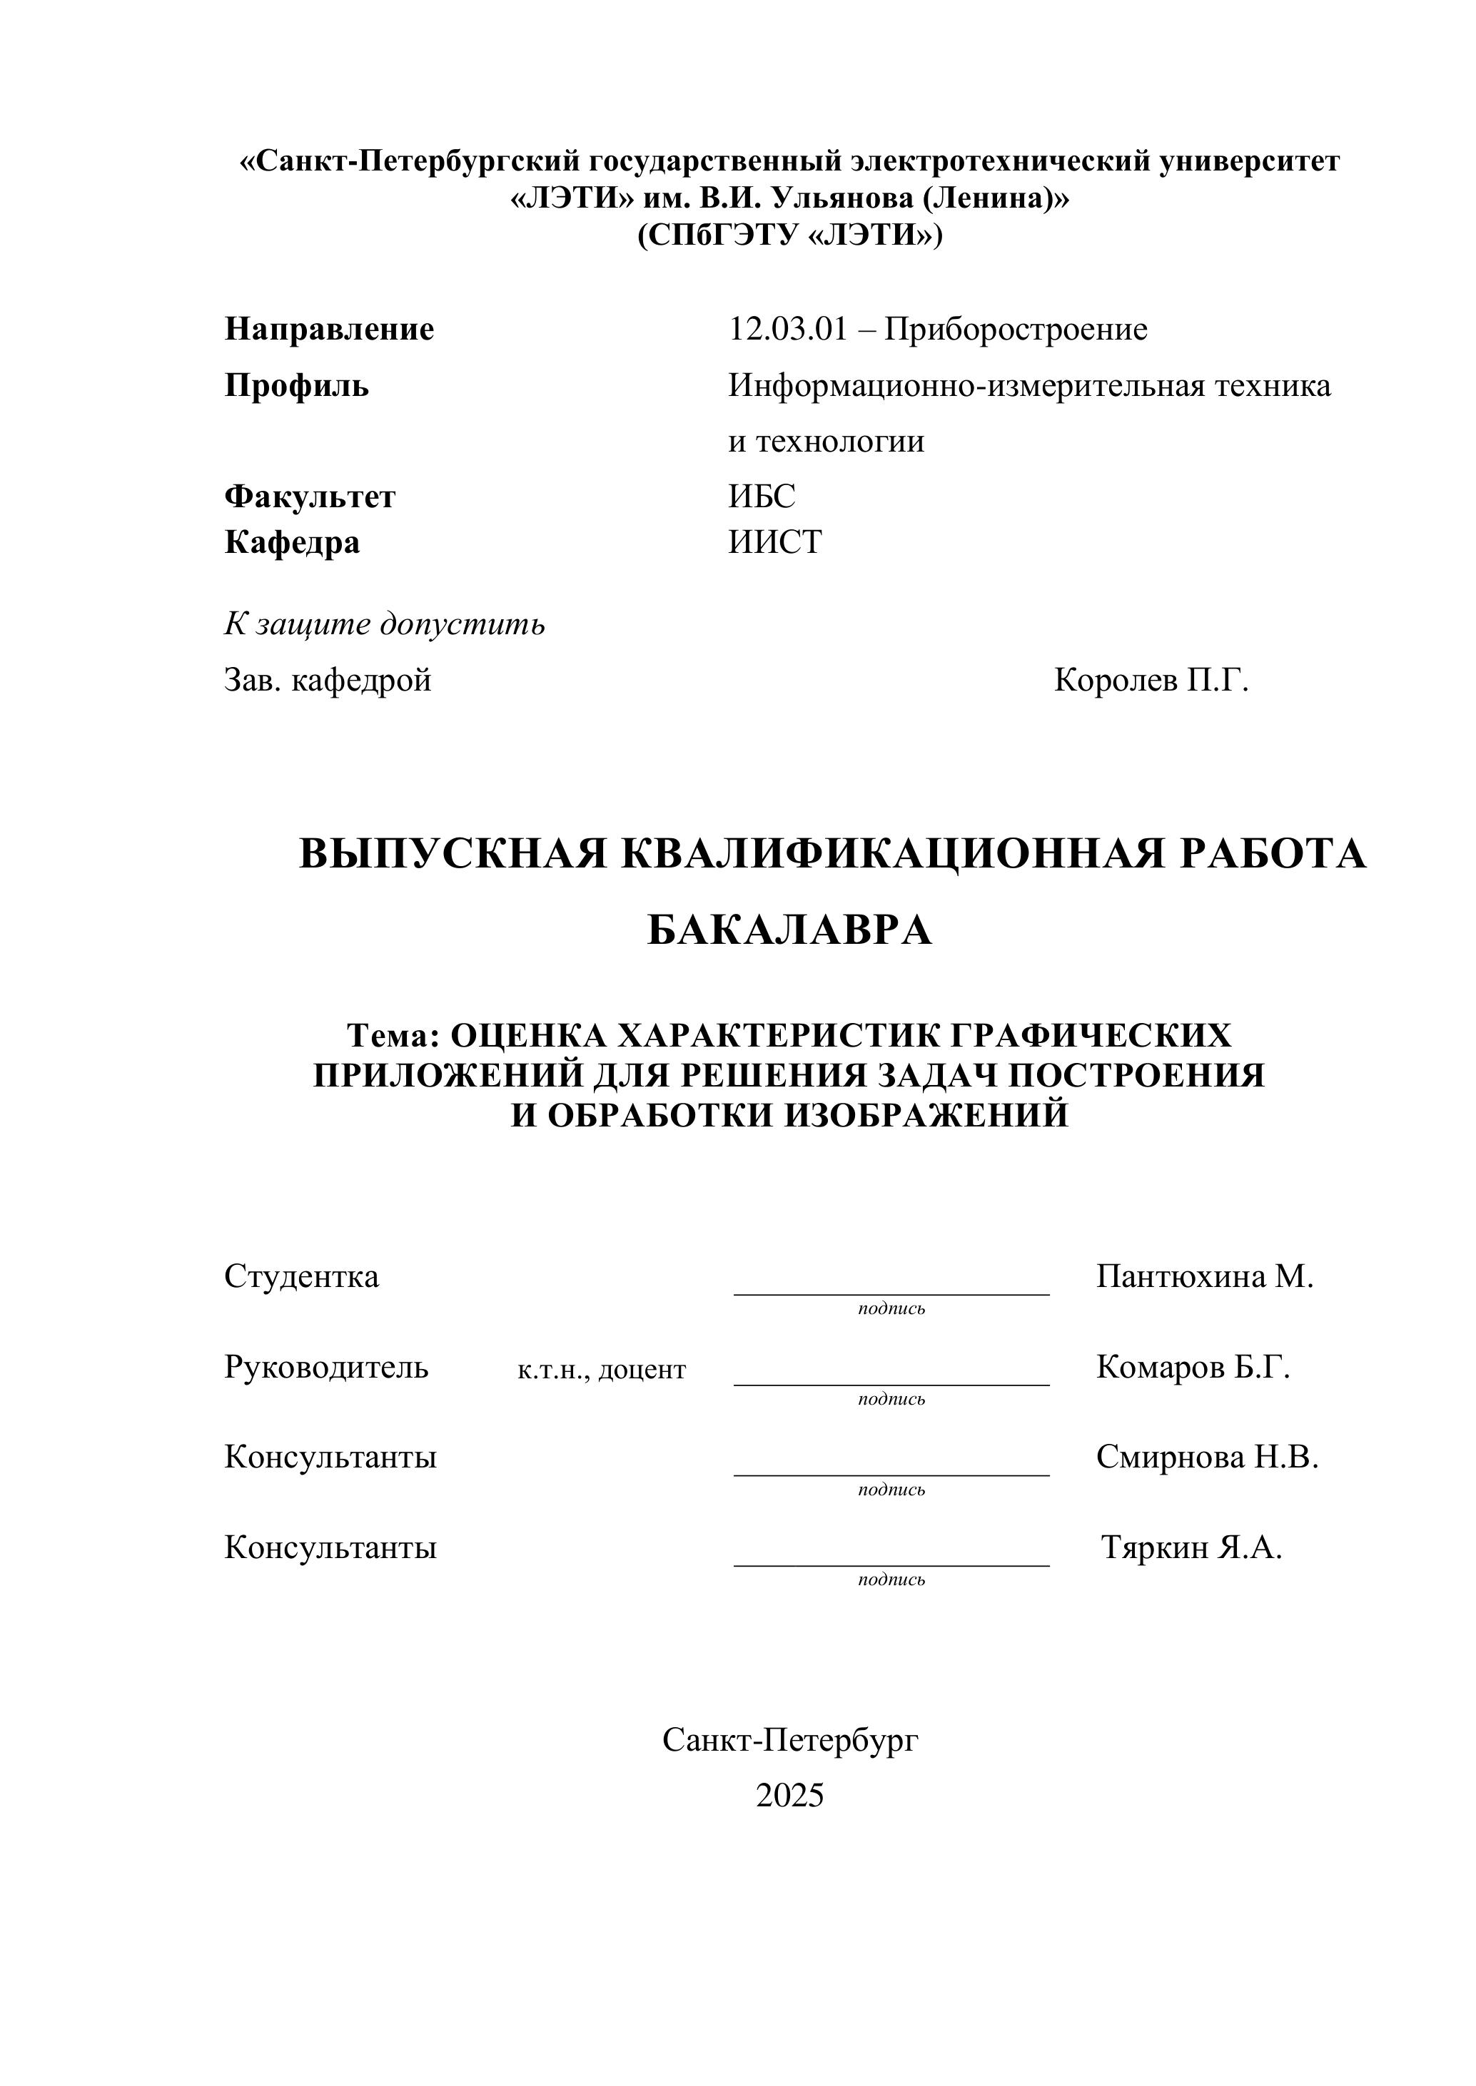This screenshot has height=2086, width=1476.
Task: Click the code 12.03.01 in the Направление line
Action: click(787, 330)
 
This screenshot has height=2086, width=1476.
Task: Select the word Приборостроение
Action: click(1016, 330)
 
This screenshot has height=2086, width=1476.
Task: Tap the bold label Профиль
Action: click(296, 386)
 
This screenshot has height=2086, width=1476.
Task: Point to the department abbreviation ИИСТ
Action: click(774, 542)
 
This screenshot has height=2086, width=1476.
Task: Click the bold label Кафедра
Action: click(292, 542)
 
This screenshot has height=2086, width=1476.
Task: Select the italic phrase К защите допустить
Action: click(385, 624)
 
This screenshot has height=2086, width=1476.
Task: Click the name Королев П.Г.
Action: click(1151, 680)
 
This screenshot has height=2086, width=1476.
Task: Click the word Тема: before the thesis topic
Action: click(393, 1035)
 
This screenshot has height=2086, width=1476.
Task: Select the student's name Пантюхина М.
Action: click(1204, 1276)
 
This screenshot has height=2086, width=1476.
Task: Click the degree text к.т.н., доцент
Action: click(602, 1370)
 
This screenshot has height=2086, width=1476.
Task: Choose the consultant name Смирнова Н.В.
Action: click(1207, 1457)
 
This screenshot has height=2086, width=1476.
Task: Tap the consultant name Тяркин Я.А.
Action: click(1191, 1547)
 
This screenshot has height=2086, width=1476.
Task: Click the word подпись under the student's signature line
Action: click(891, 1309)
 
